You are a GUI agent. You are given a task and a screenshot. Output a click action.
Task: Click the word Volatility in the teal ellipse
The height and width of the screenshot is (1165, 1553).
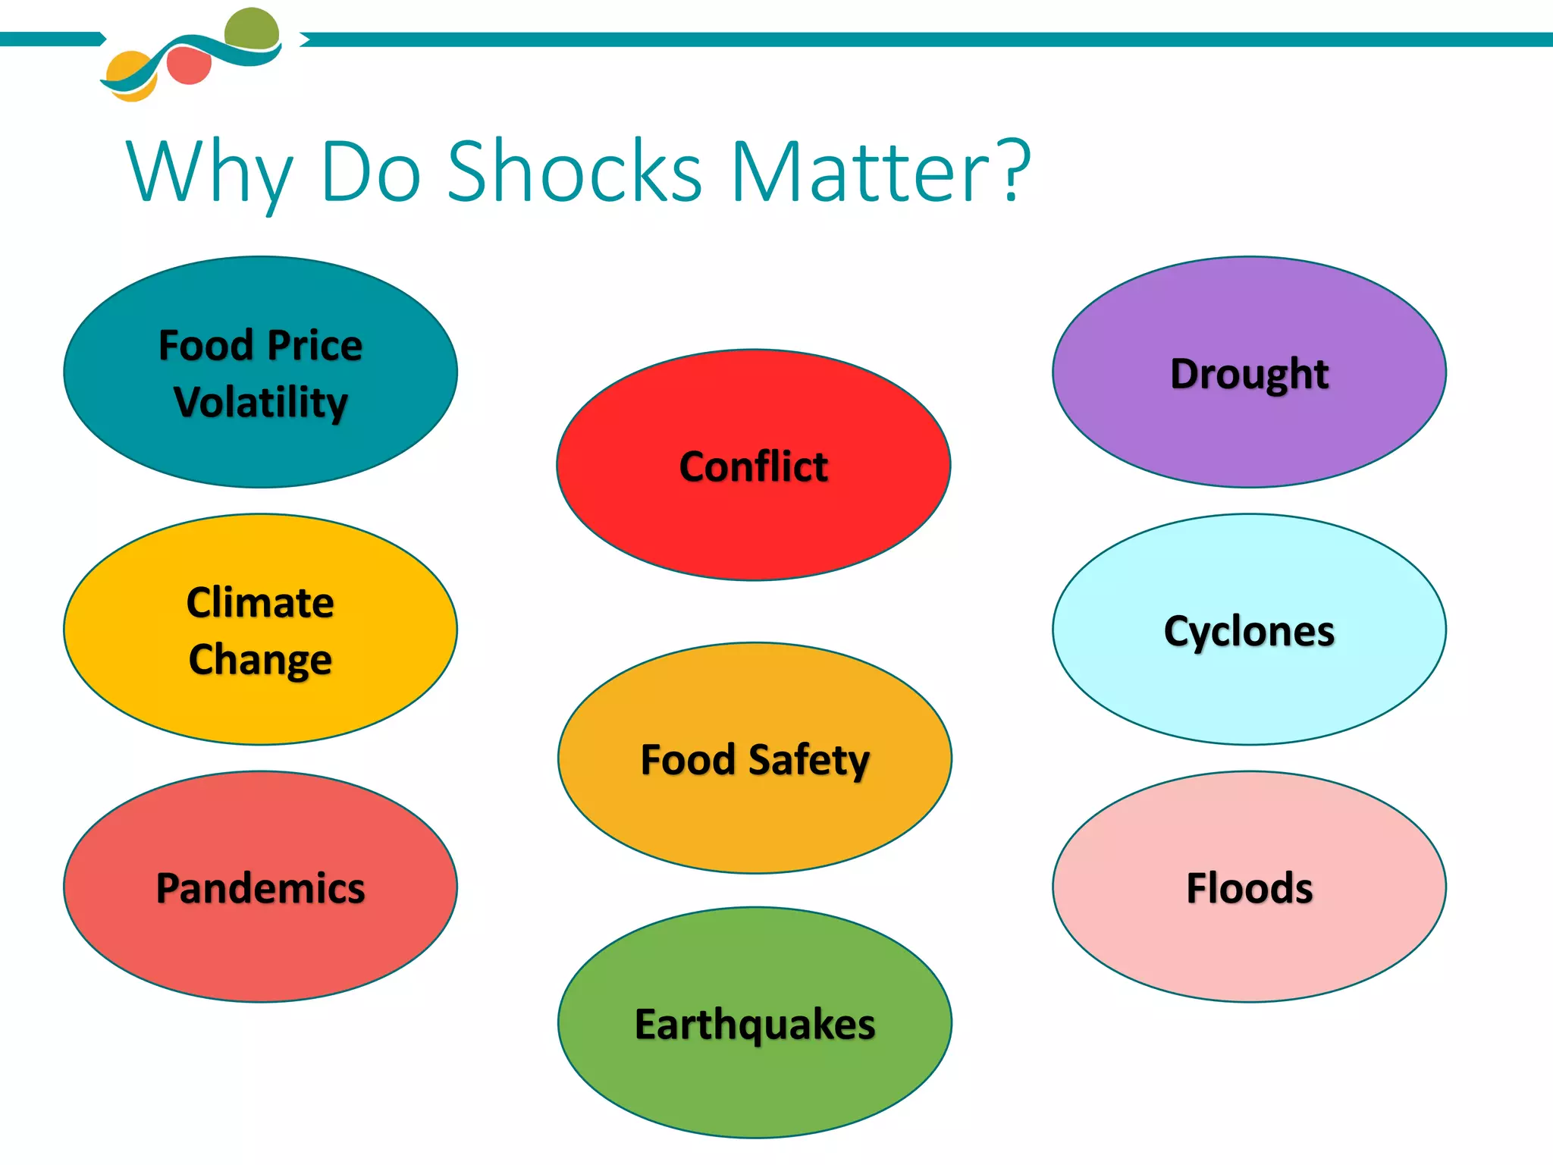pos(260,402)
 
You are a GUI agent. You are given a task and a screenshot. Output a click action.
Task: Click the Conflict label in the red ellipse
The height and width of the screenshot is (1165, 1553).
pos(753,466)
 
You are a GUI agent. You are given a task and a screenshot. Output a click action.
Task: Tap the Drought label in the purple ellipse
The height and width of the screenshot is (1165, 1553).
pos(1249,373)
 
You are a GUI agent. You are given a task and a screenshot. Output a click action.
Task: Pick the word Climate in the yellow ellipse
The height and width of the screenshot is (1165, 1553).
pos(260,603)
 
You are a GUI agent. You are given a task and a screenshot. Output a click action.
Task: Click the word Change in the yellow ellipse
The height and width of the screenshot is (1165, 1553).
pos(260,659)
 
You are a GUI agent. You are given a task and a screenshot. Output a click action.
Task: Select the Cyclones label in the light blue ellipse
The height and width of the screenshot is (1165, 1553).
pos(1249,631)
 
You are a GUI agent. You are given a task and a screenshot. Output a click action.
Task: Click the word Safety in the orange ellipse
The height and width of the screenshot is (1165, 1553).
pos(808,760)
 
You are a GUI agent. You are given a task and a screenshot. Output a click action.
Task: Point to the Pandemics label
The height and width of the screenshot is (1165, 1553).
pos(260,888)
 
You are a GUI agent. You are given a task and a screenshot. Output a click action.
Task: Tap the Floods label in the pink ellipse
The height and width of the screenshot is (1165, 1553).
pos(1249,888)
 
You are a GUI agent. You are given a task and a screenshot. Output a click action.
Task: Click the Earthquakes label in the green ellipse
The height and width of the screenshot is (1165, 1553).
pos(755,1025)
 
